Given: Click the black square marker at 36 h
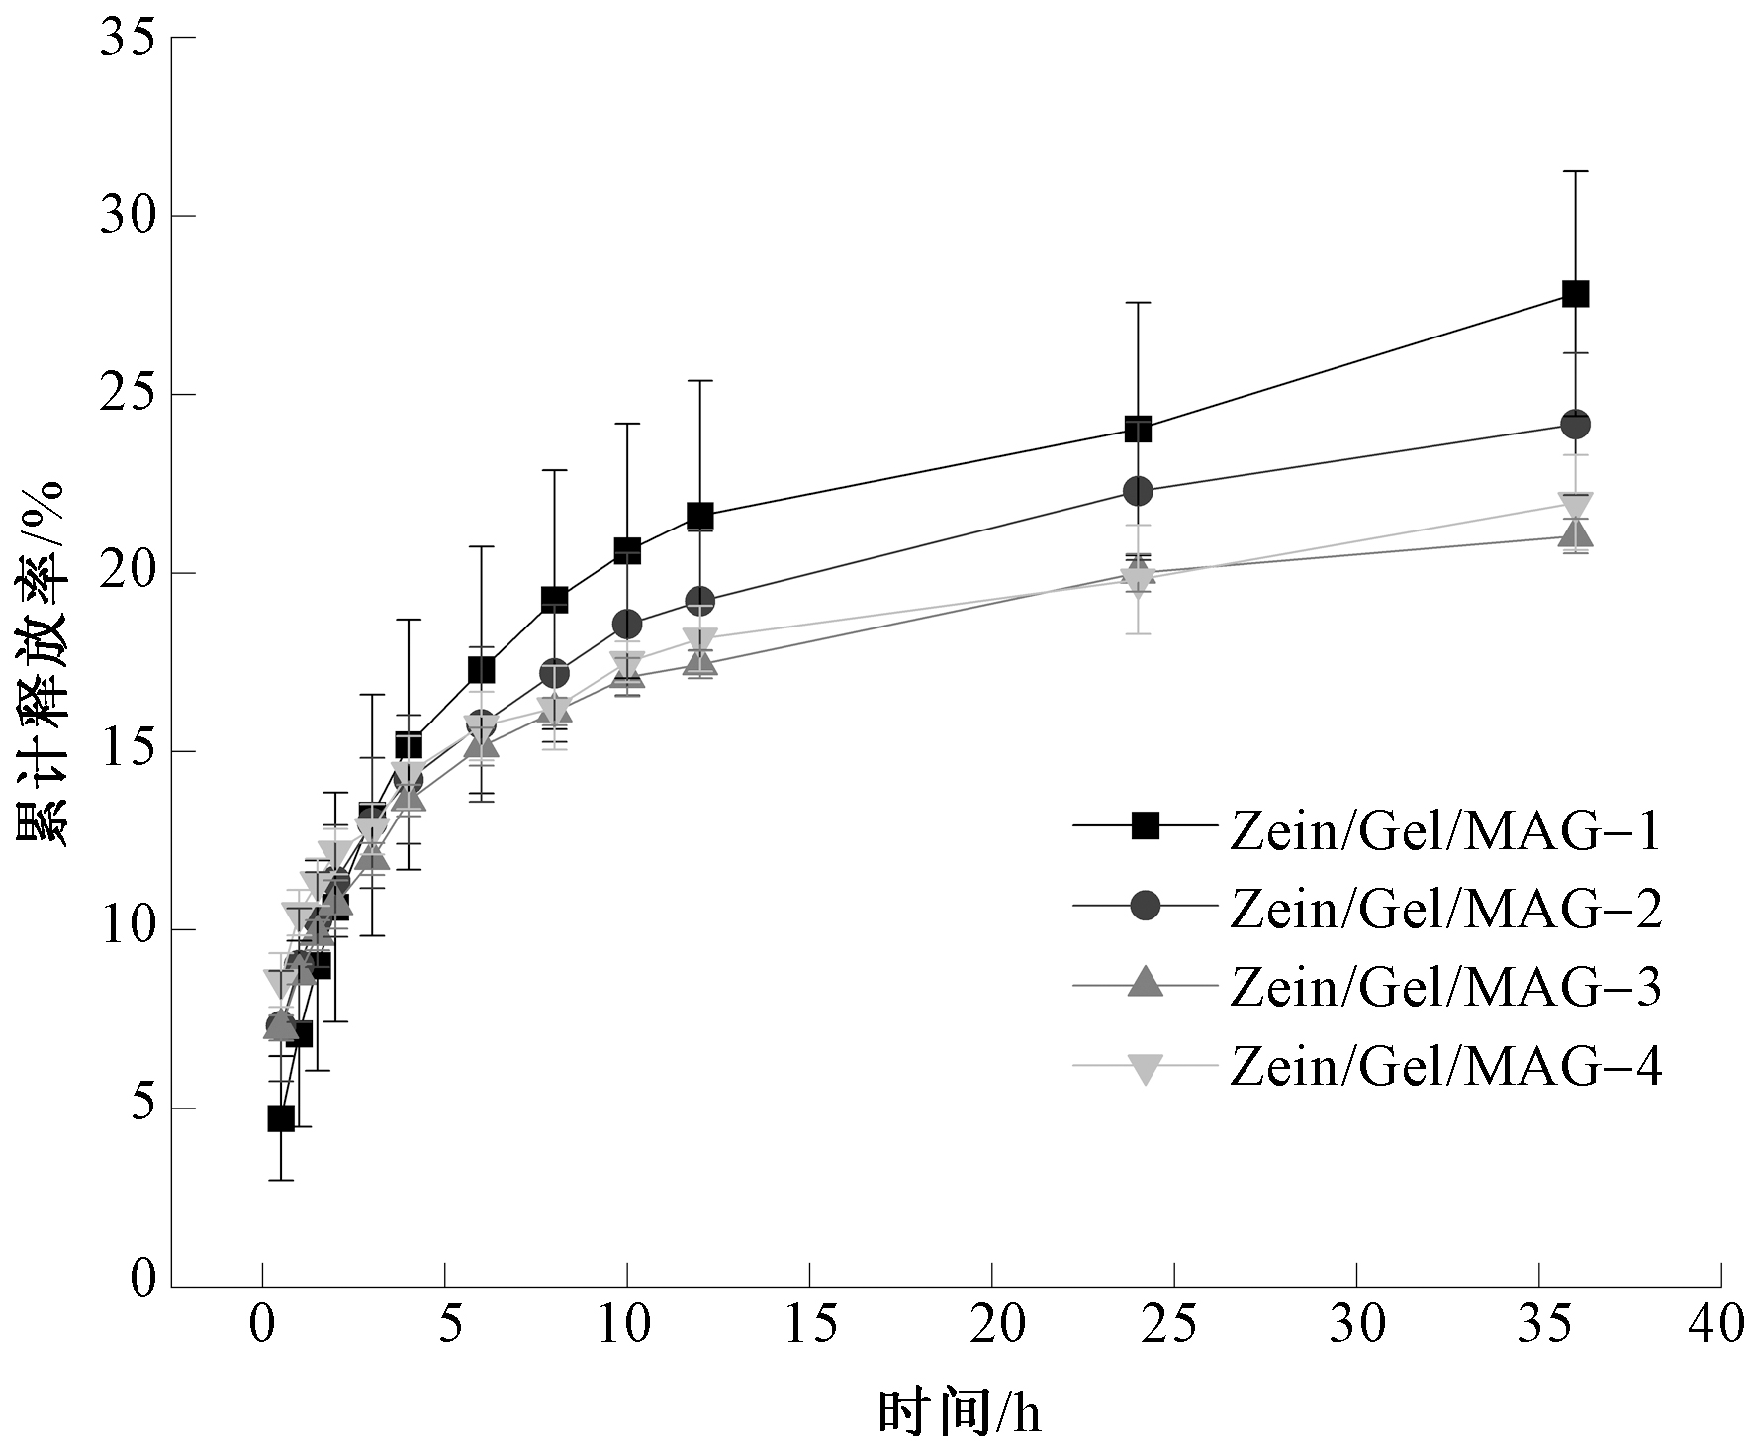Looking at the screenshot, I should (1575, 294).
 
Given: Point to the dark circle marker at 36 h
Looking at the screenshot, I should (1575, 424).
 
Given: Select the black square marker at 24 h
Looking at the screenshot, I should (1138, 430).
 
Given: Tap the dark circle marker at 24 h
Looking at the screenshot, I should (1138, 490).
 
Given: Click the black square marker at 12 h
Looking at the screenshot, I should (700, 516).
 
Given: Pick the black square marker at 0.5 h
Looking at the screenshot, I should (281, 1118).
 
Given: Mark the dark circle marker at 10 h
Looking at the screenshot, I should (627, 625).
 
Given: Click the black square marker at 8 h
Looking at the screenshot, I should (554, 599).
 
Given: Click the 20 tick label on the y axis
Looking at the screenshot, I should (128, 573).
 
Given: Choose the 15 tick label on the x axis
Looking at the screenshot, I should (809, 1324).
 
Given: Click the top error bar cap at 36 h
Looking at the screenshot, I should (1575, 171).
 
